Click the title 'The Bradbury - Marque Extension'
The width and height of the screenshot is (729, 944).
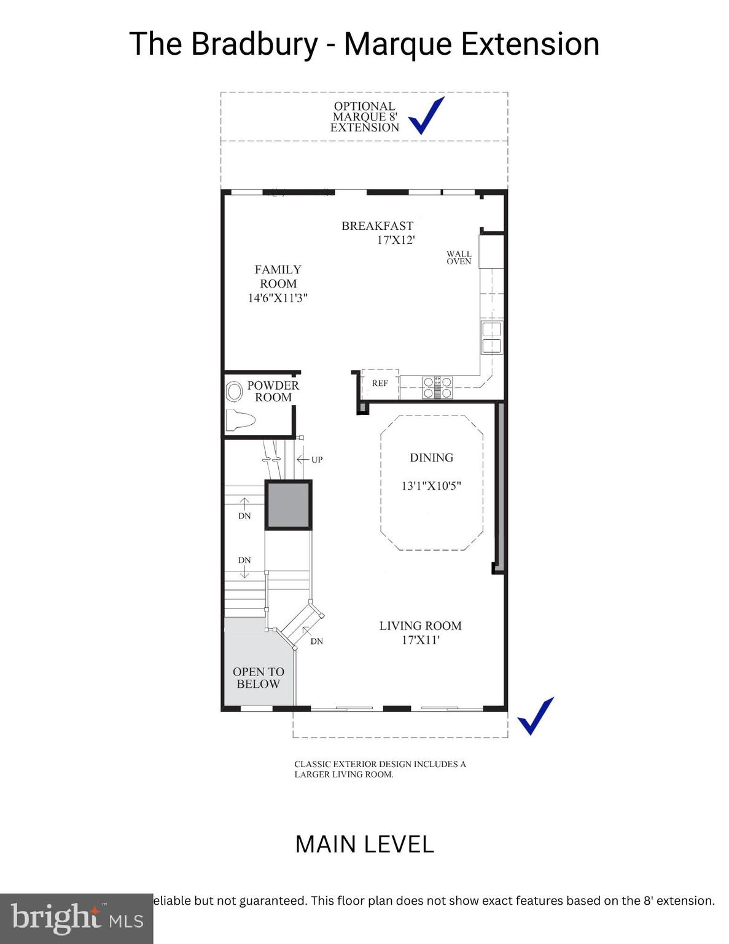(364, 44)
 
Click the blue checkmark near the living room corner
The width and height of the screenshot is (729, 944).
(536, 716)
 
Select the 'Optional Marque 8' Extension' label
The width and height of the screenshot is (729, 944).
(365, 117)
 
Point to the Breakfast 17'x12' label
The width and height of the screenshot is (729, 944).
(378, 233)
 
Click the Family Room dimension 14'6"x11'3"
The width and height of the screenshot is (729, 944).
(278, 298)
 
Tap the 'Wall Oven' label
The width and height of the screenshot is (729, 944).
(459, 258)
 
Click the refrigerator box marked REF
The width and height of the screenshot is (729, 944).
(380, 383)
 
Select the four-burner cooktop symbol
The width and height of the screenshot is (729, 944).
(437, 387)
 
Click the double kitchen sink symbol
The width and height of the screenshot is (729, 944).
(491, 337)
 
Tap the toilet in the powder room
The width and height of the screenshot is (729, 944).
(240, 421)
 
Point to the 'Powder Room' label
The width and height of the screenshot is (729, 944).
(273, 391)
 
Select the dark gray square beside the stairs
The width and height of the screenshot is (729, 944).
(288, 505)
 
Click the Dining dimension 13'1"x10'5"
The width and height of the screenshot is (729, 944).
(431, 486)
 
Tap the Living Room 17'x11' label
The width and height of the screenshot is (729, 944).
(420, 632)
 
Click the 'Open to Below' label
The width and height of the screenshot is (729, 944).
(258, 678)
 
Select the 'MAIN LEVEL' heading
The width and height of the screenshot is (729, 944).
(364, 844)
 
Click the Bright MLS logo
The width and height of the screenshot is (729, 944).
(76, 918)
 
